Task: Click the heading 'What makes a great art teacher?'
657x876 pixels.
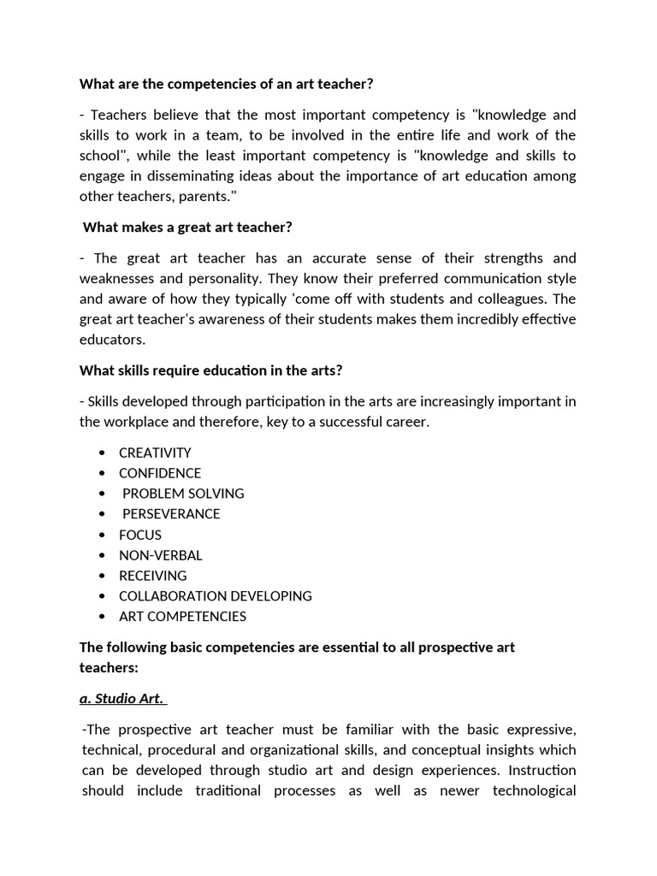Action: click(x=188, y=228)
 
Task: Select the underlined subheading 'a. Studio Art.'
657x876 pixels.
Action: click(x=121, y=699)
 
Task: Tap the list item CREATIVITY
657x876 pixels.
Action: click(x=155, y=453)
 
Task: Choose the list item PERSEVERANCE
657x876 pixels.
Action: click(x=171, y=514)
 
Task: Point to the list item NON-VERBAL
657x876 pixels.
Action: click(x=161, y=555)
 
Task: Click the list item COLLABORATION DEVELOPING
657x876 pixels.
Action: click(x=215, y=596)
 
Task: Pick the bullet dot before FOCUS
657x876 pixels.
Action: click(x=103, y=535)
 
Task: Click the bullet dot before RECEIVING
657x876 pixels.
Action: click(x=103, y=576)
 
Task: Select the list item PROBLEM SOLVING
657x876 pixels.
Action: click(x=183, y=494)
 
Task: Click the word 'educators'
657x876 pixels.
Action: click(x=111, y=340)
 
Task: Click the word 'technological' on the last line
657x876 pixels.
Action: click(x=534, y=791)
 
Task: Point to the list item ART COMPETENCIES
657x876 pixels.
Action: click(x=182, y=617)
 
